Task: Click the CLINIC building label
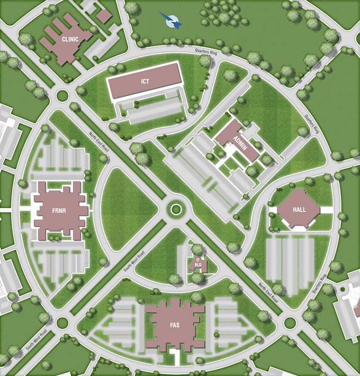pyautogui.click(x=70, y=39)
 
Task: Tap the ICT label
pyautogui.click(x=146, y=81)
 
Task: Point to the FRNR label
pyautogui.click(x=59, y=209)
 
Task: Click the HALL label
pyautogui.click(x=300, y=209)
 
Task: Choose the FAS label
pyautogui.click(x=174, y=325)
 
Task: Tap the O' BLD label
pyautogui.click(x=198, y=262)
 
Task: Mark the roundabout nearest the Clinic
pyautogui.click(x=62, y=96)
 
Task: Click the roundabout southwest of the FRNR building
pyautogui.click(x=62, y=322)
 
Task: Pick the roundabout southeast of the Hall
pyautogui.click(x=289, y=323)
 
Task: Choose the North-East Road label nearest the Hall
pyautogui.click(x=268, y=292)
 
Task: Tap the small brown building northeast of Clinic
pyautogui.click(x=104, y=16)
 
